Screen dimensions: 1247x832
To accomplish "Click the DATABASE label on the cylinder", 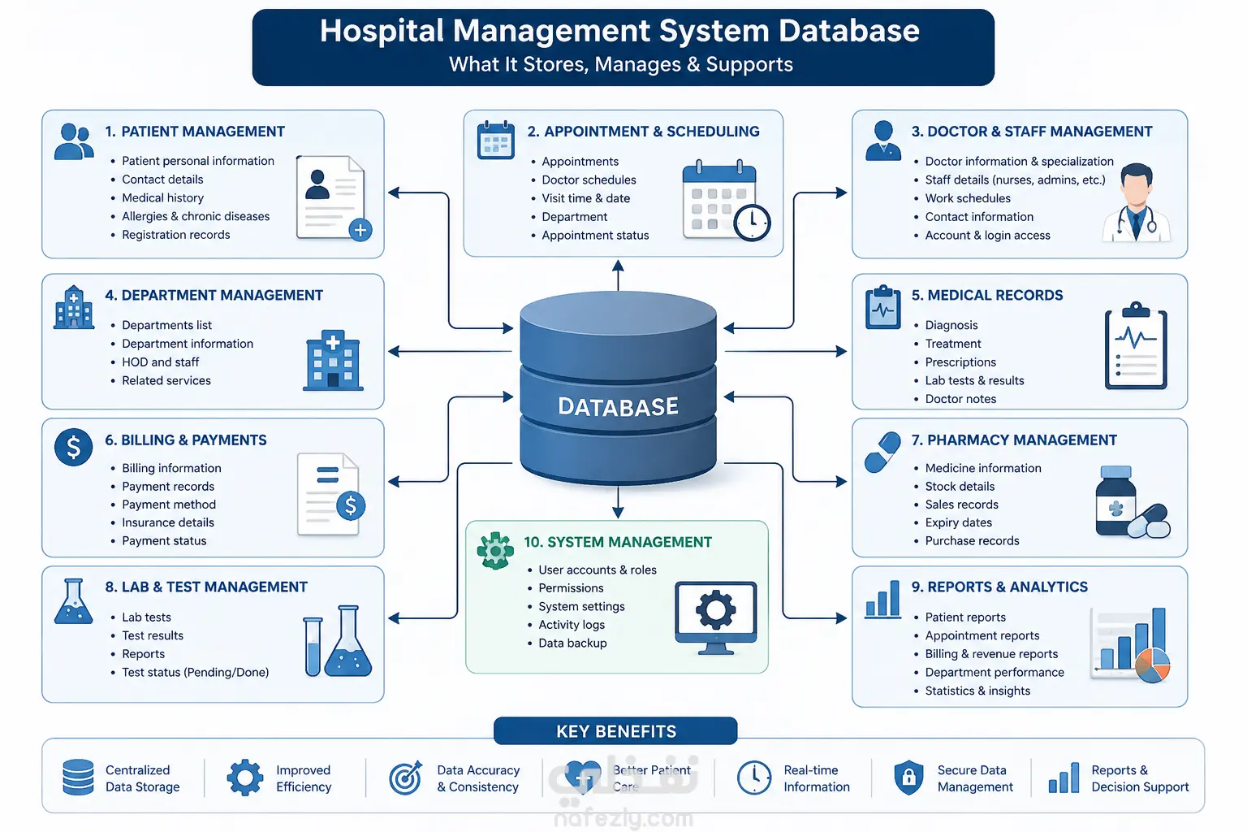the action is coord(618,406).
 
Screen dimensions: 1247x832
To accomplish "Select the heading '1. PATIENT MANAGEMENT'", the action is coord(195,132).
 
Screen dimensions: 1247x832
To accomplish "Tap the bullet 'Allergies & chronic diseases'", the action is coord(196,216).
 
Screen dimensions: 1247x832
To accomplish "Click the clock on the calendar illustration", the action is coord(752,223).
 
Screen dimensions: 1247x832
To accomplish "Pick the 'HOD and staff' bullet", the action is coord(160,362).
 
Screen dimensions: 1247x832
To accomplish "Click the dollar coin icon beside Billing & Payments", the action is coord(74,447).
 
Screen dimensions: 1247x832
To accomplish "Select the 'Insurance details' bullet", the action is coord(167,522).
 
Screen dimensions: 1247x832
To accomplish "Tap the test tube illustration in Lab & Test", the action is coord(313,647).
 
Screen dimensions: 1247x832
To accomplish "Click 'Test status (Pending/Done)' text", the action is coord(196,672).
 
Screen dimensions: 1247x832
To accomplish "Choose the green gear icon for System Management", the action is coord(495,551).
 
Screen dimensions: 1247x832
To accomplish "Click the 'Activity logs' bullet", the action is coord(572,625).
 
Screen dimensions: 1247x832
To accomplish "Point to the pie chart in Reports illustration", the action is coord(1152,665).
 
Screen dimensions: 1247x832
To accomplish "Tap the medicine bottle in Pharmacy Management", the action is coord(1115,500).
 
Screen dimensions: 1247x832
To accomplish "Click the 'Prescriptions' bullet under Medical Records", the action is coord(960,362).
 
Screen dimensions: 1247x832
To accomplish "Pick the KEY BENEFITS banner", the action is coord(615,730).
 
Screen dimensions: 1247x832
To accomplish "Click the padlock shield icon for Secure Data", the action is coord(908,778).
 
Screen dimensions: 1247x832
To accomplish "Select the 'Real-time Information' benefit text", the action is coord(817,778).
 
